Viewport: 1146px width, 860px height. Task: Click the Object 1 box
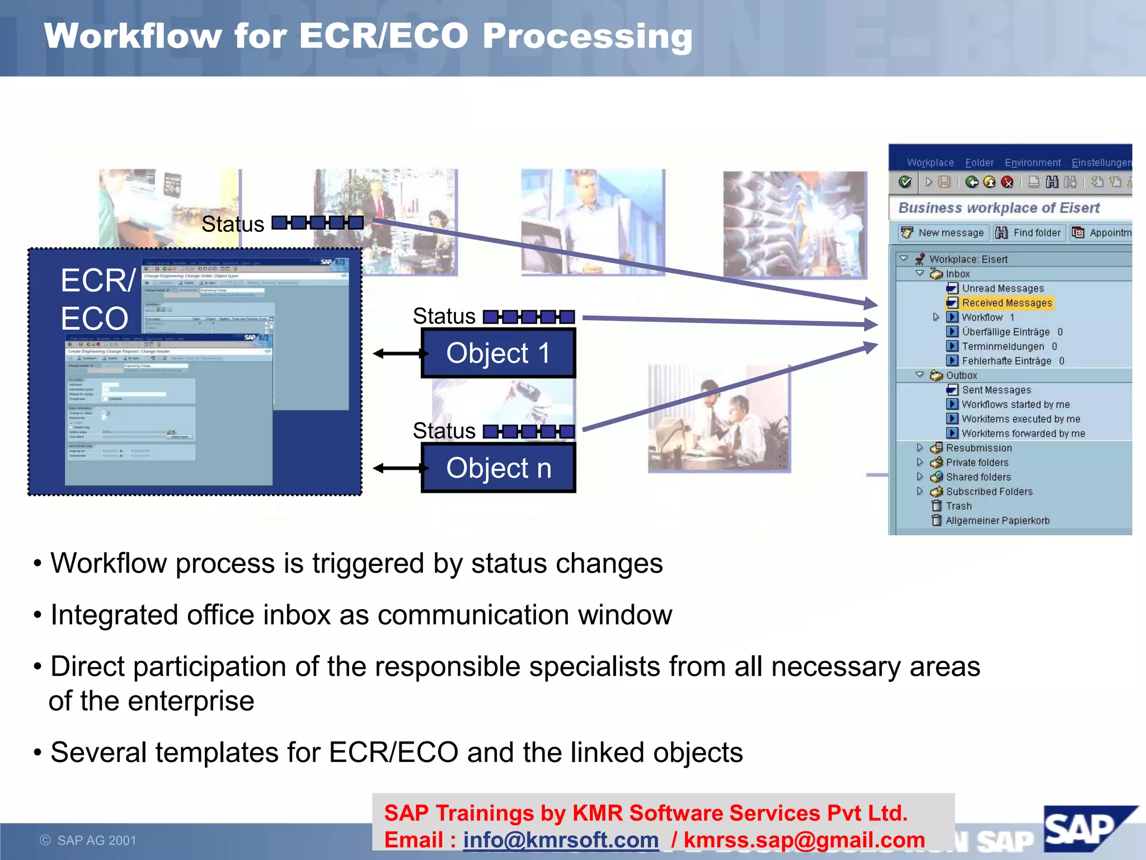click(x=498, y=353)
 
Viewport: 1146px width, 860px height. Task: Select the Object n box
click(x=498, y=468)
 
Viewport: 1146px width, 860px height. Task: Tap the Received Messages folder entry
click(x=1007, y=303)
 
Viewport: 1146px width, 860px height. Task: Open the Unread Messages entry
click(x=1003, y=288)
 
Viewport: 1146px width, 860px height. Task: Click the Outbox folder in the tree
click(x=961, y=376)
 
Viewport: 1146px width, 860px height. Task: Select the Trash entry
click(x=958, y=506)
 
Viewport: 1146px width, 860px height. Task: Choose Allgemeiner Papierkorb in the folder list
click(x=997, y=521)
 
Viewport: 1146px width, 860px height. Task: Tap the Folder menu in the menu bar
click(x=979, y=163)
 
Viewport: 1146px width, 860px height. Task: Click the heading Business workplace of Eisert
click(x=999, y=208)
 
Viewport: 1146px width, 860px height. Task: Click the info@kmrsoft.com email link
click(x=561, y=840)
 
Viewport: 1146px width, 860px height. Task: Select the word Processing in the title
click(x=587, y=36)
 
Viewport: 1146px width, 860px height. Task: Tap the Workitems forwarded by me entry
click(x=1023, y=433)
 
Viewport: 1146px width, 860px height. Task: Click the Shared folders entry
click(x=978, y=477)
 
